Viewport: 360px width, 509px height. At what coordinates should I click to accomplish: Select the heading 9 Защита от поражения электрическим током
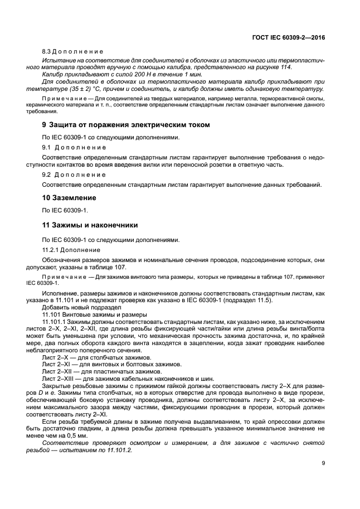tap(126, 124)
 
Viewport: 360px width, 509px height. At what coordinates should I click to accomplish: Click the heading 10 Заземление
tap(70, 197)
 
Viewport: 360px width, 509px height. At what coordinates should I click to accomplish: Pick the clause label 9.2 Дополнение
tap(74, 174)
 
